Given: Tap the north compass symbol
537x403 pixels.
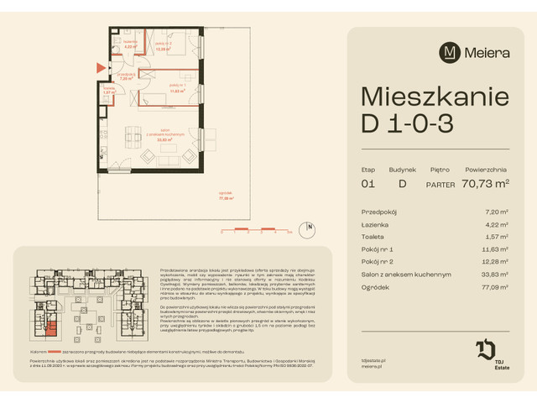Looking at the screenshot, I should [x=310, y=226].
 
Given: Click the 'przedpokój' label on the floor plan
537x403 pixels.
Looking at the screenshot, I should [x=127, y=75].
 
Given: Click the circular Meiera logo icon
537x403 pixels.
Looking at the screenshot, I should [x=450, y=51].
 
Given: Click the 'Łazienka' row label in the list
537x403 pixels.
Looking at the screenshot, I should [x=376, y=223].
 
